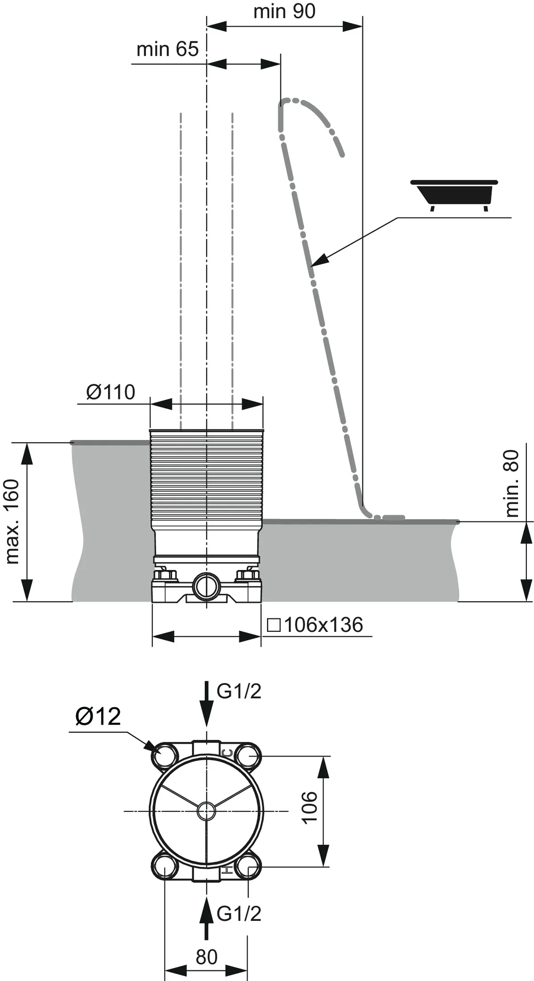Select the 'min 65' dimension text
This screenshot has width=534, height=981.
click(167, 49)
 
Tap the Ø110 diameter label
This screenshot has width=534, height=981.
click(110, 392)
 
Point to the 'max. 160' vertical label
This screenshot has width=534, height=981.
click(12, 521)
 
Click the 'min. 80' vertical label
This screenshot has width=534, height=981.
click(512, 483)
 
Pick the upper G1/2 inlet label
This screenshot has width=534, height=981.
click(239, 692)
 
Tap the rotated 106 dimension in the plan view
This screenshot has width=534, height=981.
click(310, 808)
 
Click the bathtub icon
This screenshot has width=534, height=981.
click(454, 194)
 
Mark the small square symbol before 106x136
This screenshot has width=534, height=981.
click(274, 626)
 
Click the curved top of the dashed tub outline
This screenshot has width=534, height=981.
click(303, 105)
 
